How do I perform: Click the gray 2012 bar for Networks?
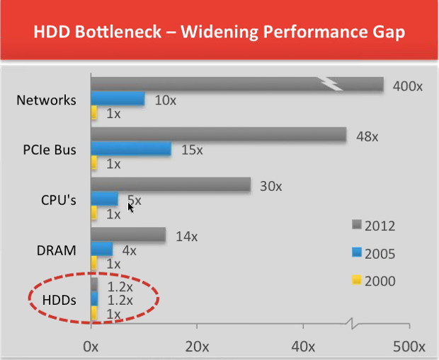[234, 85]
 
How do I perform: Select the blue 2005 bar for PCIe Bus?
[132, 149]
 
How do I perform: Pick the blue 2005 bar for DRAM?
[103, 249]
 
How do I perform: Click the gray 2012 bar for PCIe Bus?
[218, 134]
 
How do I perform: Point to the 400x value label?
[408, 86]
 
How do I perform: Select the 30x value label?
[270, 187]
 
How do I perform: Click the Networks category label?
[46, 100]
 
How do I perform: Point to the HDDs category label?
[55, 301]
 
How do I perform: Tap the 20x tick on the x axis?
[197, 347]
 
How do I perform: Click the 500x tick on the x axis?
[407, 347]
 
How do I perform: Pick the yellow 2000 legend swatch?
[356, 280]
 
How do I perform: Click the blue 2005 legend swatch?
[356, 252]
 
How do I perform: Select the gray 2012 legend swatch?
[356, 225]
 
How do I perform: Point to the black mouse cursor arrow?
[130, 208]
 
